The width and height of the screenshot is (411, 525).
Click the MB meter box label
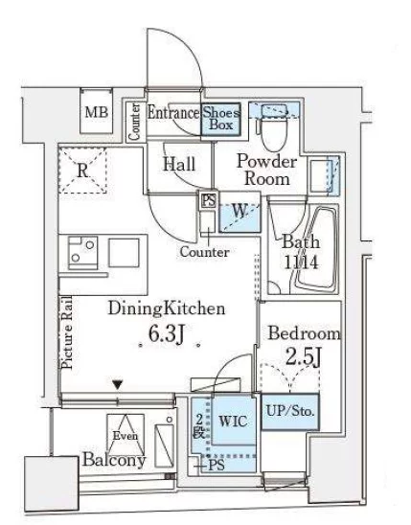point(97,112)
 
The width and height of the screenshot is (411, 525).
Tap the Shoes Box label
point(221,119)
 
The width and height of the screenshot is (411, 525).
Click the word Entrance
point(173,113)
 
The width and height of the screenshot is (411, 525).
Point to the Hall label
point(179,165)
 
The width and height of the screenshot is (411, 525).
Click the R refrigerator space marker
point(82,171)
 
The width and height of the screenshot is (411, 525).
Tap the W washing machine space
point(240,213)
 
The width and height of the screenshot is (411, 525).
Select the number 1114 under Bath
point(301,262)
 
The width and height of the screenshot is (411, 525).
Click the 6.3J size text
point(167,334)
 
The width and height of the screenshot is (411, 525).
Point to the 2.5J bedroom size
point(304,357)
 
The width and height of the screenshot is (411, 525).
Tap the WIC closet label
point(234,421)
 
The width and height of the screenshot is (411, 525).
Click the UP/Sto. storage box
point(290,412)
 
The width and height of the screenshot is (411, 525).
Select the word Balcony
point(114,460)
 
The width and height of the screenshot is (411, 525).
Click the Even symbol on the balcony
point(126,435)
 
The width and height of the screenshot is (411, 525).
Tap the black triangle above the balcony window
point(118,384)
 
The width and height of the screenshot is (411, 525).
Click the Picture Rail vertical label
point(67,332)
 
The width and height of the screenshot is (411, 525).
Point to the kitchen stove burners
point(83,253)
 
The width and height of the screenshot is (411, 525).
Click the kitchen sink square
point(124,253)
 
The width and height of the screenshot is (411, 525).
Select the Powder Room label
point(266,170)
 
